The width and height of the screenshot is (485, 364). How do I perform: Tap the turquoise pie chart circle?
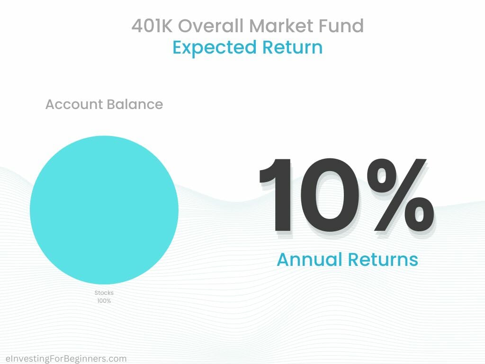click(104, 210)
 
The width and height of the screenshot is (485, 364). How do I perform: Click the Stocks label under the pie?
click(104, 293)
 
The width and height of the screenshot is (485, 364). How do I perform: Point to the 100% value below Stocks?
click(104, 301)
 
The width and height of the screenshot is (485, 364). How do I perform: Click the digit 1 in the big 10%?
click(276, 194)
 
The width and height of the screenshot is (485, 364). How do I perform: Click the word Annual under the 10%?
click(309, 260)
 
